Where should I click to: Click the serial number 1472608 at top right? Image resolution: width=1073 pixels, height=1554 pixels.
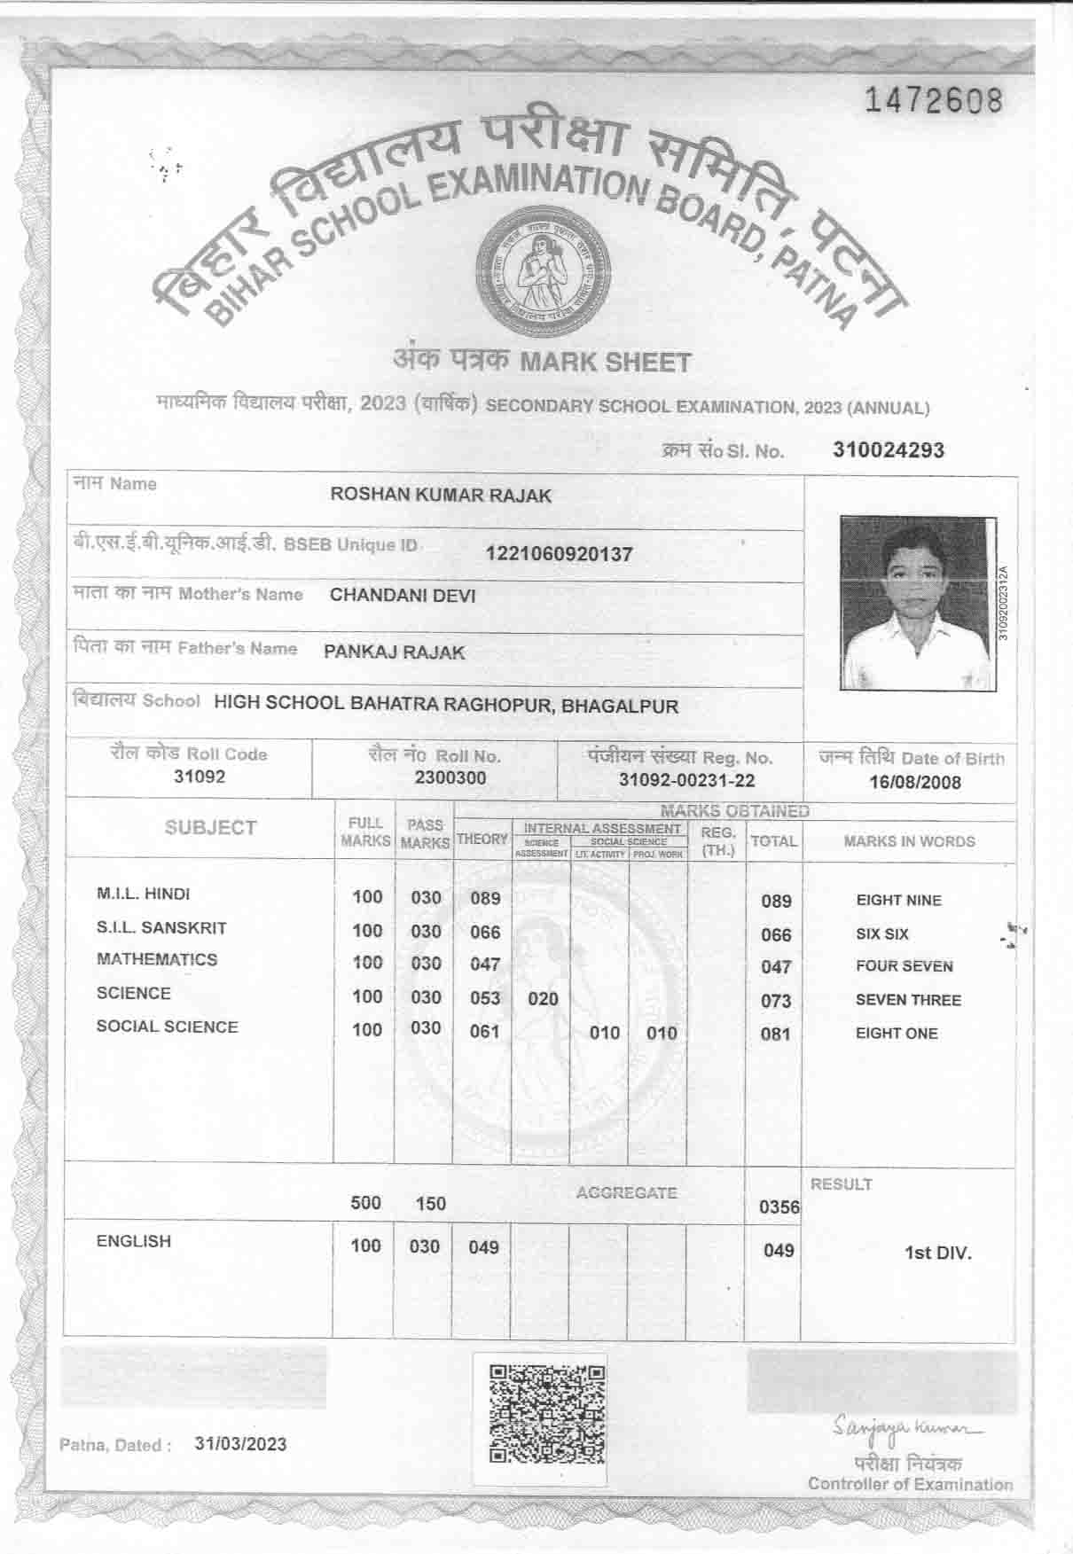933,101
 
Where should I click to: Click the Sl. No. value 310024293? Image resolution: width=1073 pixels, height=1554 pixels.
889,449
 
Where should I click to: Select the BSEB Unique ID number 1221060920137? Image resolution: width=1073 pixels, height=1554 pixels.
559,555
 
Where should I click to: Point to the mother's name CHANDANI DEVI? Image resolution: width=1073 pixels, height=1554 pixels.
403,595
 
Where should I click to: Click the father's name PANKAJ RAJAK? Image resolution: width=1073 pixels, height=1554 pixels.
394,652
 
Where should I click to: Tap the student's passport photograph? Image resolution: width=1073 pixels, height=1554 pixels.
917,604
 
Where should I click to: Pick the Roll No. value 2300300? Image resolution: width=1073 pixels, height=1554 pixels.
450,778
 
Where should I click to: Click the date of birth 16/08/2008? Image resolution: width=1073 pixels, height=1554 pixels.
914,783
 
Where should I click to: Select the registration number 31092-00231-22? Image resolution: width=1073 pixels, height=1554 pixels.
686,780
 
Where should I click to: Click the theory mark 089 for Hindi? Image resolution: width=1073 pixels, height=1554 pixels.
485,898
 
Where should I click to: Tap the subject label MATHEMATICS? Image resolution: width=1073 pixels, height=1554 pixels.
157,959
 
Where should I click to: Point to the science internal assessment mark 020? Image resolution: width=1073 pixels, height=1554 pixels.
543,999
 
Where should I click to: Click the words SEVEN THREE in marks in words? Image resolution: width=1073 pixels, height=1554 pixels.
908,1000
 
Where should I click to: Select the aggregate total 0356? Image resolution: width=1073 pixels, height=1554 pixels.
779,1207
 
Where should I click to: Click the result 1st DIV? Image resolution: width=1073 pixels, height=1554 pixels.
937,1253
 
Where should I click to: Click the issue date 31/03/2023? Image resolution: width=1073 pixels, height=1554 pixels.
240,1444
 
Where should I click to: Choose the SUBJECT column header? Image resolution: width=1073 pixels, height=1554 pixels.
210,828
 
